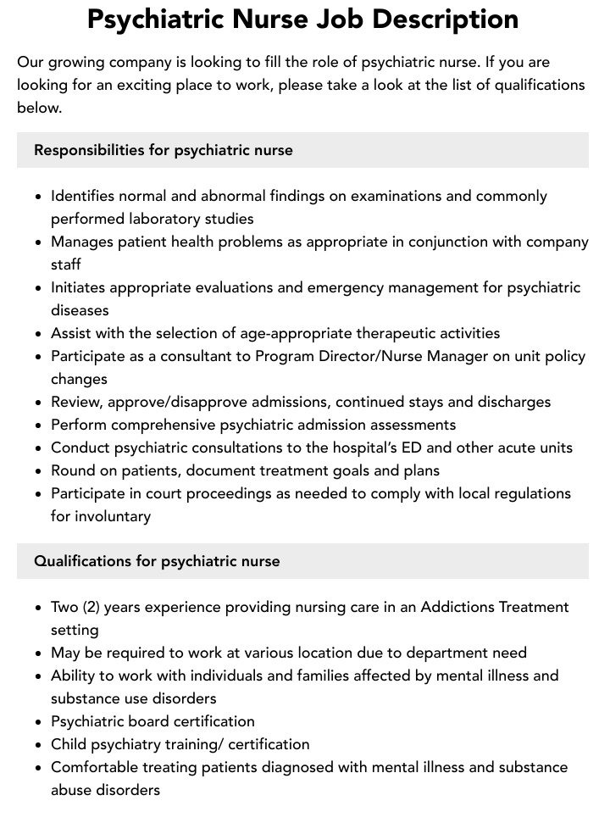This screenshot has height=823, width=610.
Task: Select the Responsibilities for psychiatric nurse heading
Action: tap(164, 150)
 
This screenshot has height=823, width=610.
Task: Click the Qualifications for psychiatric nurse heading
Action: tap(157, 561)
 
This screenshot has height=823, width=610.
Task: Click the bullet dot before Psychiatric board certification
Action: tap(39, 722)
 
